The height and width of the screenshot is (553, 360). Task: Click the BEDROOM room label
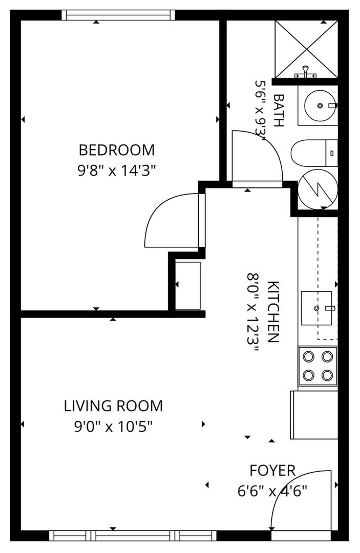tap(116, 150)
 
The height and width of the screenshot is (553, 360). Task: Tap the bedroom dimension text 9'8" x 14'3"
tap(116, 171)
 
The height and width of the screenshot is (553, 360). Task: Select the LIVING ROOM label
tap(113, 406)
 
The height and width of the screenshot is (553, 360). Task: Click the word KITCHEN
tap(273, 312)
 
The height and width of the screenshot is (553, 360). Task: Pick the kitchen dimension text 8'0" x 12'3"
tap(253, 312)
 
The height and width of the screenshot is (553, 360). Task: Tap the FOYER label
tap(272, 470)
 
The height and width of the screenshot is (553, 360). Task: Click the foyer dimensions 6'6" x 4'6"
tap(272, 491)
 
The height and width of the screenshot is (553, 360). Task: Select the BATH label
tap(279, 111)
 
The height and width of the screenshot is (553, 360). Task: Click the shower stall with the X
tap(306, 49)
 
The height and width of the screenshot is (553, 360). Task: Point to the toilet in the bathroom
tap(314, 153)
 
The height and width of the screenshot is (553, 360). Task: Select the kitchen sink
tap(316, 308)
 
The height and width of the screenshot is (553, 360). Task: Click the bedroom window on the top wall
tap(118, 15)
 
